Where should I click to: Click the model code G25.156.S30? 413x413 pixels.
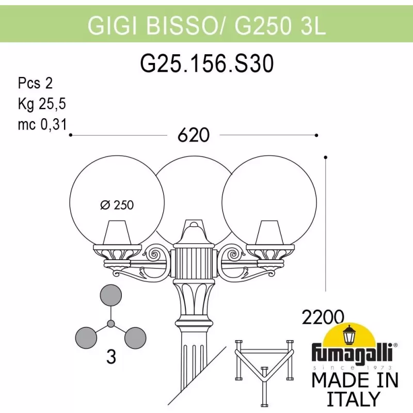(x=207, y=63)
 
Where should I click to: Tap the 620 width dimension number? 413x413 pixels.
(x=194, y=135)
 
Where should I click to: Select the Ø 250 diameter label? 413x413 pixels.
(x=117, y=205)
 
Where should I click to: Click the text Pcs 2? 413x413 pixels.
(x=35, y=83)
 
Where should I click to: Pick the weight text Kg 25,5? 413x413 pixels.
(x=42, y=104)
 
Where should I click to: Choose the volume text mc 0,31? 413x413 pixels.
(x=42, y=124)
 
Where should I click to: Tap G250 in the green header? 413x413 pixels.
(x=263, y=26)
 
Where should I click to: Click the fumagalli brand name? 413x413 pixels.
(x=352, y=352)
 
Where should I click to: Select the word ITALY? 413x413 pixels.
(x=354, y=399)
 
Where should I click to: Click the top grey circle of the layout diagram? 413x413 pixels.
(x=111, y=295)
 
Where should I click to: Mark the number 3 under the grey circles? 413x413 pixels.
(x=111, y=357)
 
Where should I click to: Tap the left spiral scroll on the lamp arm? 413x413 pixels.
(x=154, y=255)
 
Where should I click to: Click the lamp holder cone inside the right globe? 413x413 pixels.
(x=269, y=233)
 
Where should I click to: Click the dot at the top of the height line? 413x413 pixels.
(x=326, y=157)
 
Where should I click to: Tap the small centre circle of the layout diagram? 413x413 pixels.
(x=111, y=324)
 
